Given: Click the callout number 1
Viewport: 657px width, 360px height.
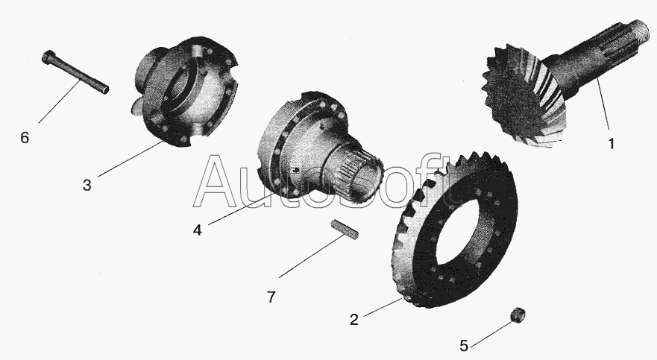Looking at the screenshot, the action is click(x=612, y=144).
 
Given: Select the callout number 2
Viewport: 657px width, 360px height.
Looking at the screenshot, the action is click(x=354, y=320).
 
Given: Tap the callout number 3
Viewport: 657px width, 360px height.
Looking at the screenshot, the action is click(x=87, y=185).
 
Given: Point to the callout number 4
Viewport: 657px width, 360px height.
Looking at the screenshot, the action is click(x=198, y=230).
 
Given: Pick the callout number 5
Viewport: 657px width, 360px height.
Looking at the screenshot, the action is click(x=463, y=346).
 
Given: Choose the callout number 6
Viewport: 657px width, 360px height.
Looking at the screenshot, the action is click(x=25, y=137).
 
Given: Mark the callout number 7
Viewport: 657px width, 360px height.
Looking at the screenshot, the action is click(x=271, y=297).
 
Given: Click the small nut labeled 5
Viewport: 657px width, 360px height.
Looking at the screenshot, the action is click(x=518, y=315).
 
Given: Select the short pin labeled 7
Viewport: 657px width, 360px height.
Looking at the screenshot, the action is click(x=345, y=230).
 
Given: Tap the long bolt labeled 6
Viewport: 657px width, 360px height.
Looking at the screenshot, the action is click(x=75, y=72).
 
